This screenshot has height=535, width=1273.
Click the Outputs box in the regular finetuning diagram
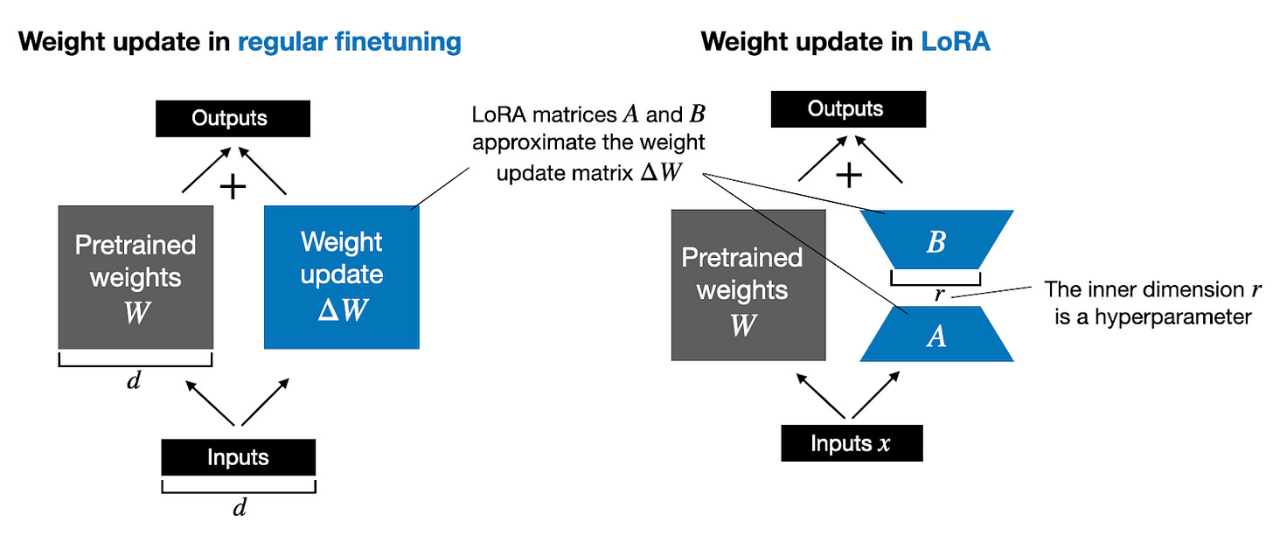click(x=232, y=118)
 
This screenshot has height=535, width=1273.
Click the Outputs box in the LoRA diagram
click(x=846, y=109)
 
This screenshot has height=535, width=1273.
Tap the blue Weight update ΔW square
click(x=342, y=275)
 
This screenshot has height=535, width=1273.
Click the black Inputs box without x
click(x=238, y=457)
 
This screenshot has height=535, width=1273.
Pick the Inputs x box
click(x=851, y=443)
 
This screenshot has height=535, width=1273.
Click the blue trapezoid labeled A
click(x=936, y=335)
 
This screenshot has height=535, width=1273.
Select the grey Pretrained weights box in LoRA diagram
click(x=748, y=285)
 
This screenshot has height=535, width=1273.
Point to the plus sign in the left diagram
click(x=233, y=184)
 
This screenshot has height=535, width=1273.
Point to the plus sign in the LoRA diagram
click(x=848, y=176)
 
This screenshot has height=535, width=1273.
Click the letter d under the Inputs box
click(x=238, y=509)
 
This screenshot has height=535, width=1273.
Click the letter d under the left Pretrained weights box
click(x=135, y=382)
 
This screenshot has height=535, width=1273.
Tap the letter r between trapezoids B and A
click(x=939, y=295)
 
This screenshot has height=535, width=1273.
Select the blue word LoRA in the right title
click(x=956, y=41)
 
